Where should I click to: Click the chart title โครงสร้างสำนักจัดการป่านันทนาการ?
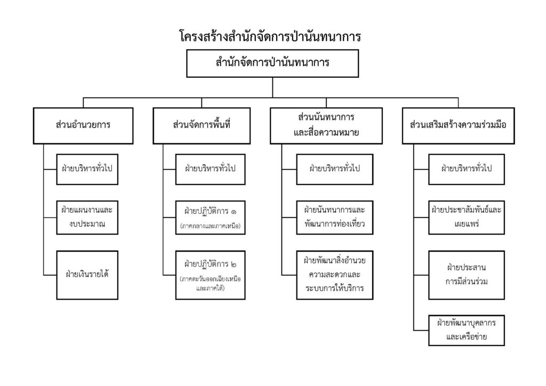click(270, 36)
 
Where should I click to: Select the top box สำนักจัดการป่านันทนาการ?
click(272, 63)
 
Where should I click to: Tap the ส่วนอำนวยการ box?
click(83, 126)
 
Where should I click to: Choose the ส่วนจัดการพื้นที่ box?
click(202, 126)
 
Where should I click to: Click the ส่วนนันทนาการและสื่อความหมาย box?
click(326, 126)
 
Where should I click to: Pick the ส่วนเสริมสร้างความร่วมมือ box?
click(458, 126)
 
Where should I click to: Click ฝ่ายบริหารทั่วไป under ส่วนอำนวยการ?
click(87, 169)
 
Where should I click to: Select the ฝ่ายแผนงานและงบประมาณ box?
click(87, 218)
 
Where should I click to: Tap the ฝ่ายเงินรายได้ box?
click(87, 275)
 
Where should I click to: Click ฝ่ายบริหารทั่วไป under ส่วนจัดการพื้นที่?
click(210, 169)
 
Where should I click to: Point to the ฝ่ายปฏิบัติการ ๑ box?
click(210, 218)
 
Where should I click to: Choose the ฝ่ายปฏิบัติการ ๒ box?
click(210, 275)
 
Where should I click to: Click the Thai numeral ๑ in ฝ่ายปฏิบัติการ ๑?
click(233, 212)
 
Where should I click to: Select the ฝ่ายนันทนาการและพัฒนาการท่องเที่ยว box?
click(335, 218)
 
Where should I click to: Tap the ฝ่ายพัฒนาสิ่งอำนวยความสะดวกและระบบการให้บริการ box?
click(335, 275)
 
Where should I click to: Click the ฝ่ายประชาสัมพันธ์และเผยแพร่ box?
click(467, 218)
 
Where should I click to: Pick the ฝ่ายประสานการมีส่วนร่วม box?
click(467, 275)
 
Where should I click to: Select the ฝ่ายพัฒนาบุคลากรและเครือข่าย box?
click(467, 331)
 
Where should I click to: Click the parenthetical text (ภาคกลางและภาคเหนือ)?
click(210, 226)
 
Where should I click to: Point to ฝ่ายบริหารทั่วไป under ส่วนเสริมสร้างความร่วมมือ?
click(467, 169)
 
